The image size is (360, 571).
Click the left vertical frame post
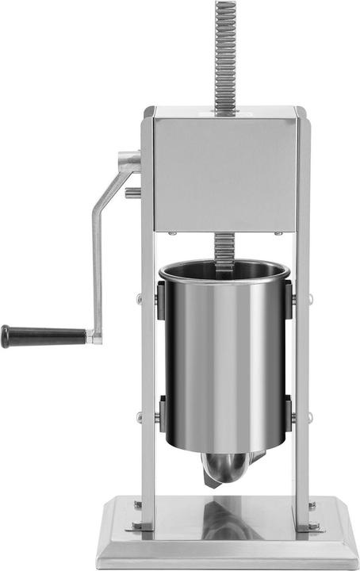tap(147, 357)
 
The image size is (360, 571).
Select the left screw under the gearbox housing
tap(170, 233)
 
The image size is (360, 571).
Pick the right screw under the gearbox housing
tap(278, 233)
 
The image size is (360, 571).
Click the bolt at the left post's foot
tap(138, 525)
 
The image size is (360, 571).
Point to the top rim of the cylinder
tap(225, 266)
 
